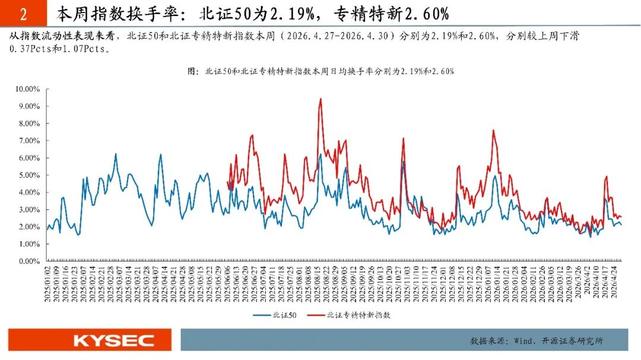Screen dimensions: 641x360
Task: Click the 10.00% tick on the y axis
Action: (x=27, y=89)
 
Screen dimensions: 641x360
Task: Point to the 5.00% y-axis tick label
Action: (x=29, y=176)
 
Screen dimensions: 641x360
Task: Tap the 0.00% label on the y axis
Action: (x=29, y=261)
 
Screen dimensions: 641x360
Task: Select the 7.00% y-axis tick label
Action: (x=29, y=141)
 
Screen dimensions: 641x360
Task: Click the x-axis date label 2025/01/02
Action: (x=47, y=285)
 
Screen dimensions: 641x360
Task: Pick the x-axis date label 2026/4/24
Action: (x=614, y=282)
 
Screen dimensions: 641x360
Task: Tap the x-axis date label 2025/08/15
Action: (x=317, y=285)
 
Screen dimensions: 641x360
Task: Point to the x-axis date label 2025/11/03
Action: (x=407, y=285)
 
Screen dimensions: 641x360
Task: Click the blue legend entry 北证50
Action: (x=275, y=315)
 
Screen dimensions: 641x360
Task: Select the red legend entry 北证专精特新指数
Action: (x=349, y=315)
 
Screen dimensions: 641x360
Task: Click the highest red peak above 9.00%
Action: (x=320, y=99)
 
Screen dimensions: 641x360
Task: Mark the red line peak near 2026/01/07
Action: (x=493, y=130)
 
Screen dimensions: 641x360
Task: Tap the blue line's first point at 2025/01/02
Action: (x=47, y=230)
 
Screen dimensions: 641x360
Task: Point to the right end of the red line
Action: (x=621, y=216)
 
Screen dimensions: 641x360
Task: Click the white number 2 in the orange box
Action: (x=23, y=15)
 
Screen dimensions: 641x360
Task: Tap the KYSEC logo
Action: (x=113, y=340)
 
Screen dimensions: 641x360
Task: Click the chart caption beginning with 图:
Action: (x=321, y=71)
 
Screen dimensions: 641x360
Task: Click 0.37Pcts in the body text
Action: (x=30, y=49)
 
